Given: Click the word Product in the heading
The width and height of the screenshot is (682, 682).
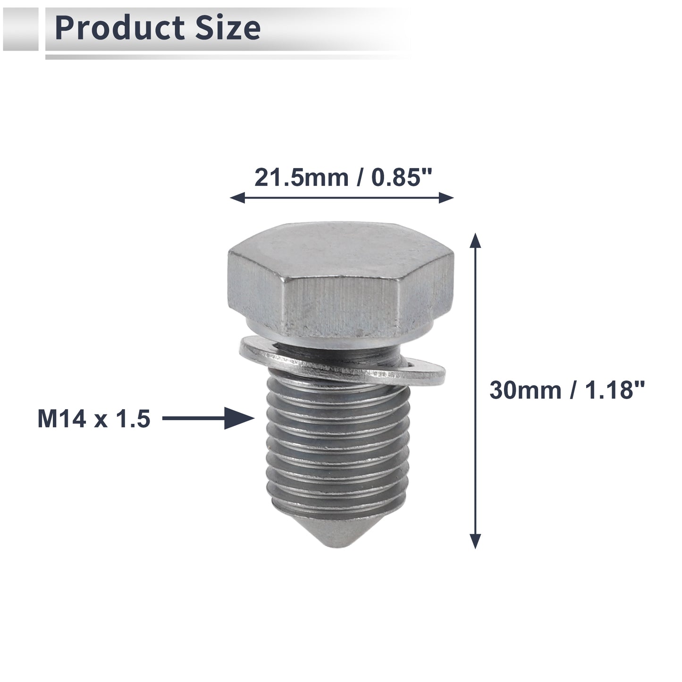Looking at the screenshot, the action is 119,28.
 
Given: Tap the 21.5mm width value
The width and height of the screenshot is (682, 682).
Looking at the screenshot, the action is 302,177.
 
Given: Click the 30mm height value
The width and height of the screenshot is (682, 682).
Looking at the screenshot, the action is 525,390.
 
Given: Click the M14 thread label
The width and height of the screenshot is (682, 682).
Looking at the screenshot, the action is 62,419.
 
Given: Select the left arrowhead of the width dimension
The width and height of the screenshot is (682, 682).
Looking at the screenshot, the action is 237,197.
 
